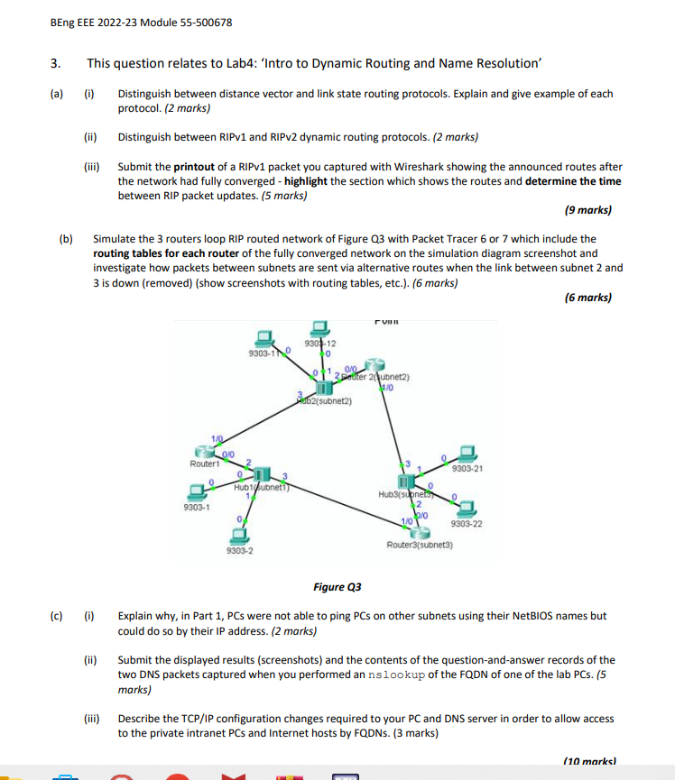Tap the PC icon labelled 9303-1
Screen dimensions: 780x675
193,491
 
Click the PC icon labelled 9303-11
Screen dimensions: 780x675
264,337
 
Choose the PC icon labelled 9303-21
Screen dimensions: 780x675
467,453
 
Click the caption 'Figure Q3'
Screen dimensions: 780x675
337,587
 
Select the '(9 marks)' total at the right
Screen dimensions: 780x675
587,210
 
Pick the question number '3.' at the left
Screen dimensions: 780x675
56,63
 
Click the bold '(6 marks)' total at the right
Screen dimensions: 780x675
587,297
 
